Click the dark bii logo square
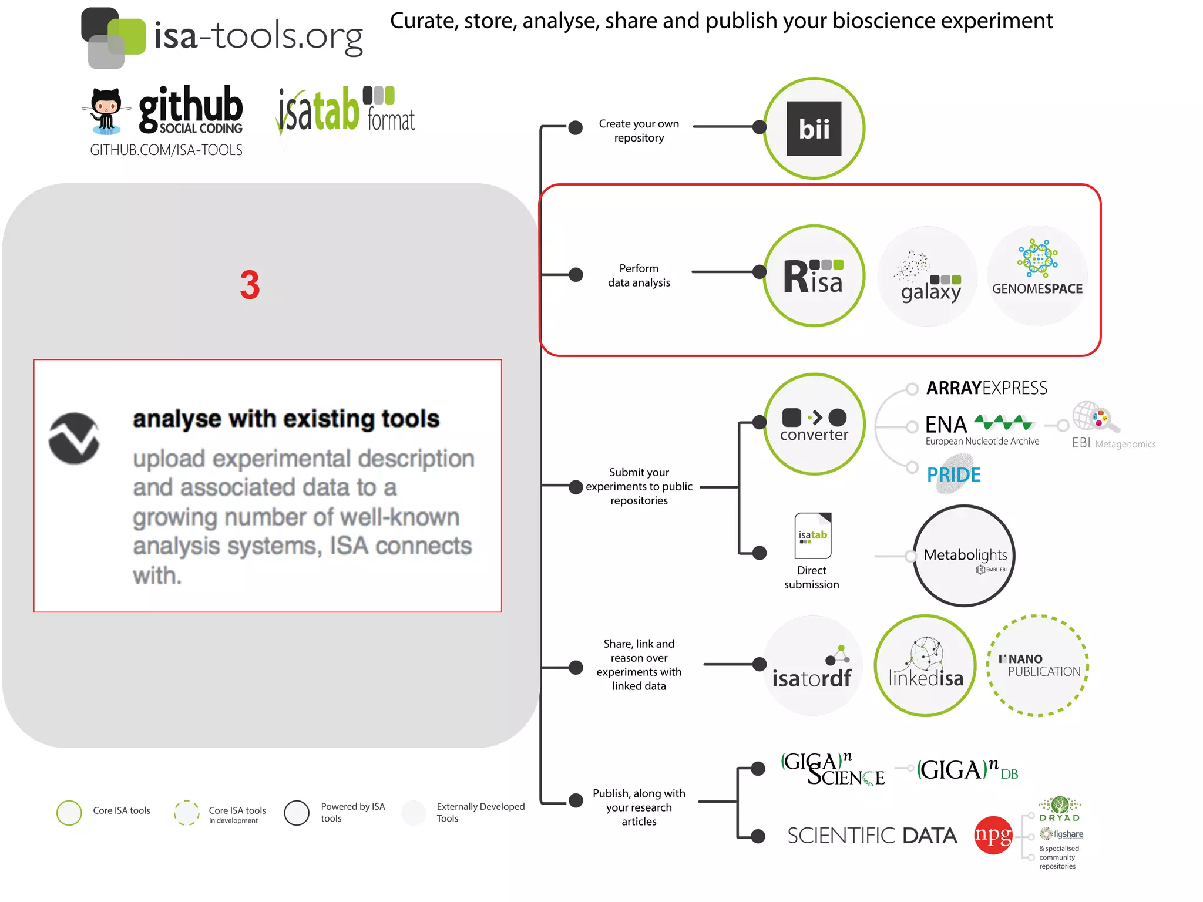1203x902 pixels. [814, 129]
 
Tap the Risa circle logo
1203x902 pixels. [814, 275]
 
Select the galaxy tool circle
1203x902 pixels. [928, 276]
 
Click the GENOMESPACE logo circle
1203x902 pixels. [1037, 275]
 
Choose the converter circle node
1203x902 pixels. [814, 423]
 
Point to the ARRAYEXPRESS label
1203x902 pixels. [986, 388]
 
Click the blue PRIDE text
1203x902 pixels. [953, 474]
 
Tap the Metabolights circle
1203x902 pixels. [964, 556]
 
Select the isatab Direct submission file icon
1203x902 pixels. [812, 536]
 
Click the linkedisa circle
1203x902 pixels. [925, 665]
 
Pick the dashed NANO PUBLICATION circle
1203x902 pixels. [1037, 665]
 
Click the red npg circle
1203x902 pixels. [993, 835]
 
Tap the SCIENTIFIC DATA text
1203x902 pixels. [872, 836]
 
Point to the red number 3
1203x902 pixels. [250, 285]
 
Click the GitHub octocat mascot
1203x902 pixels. [106, 110]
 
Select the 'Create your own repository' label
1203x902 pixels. [639, 131]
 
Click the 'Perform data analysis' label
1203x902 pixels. [639, 275]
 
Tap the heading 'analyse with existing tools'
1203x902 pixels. [286, 419]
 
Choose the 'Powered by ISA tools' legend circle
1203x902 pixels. [297, 813]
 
